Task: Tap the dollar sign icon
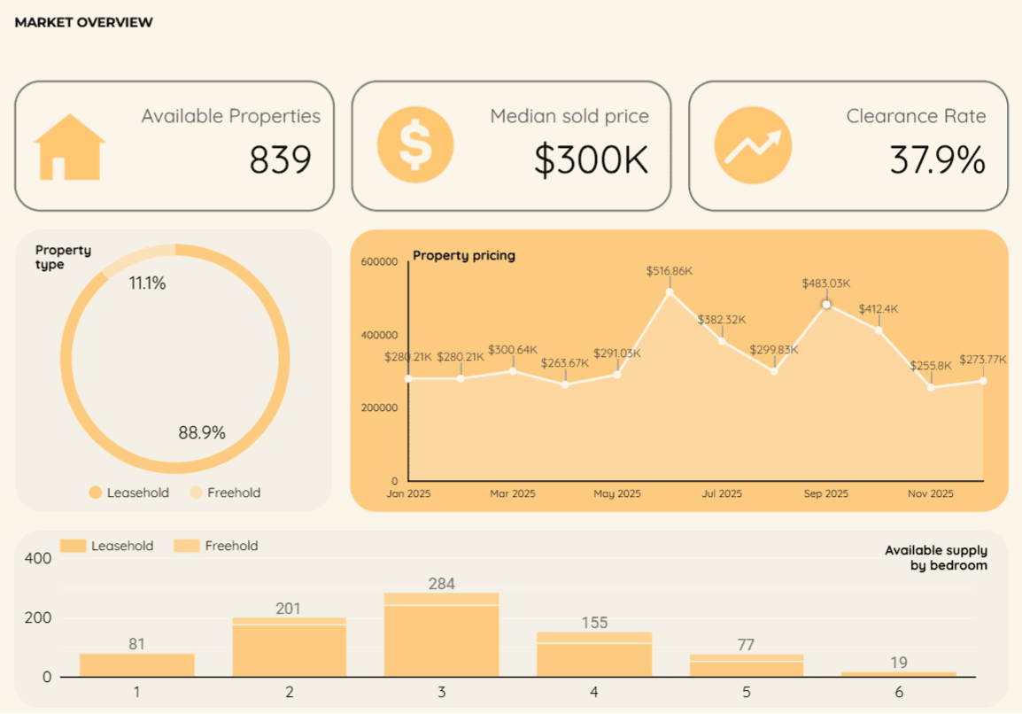pos(414,144)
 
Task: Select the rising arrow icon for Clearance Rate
pos(752,145)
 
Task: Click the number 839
pos(280,159)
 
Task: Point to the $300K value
pos(591,159)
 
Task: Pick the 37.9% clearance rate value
pos(937,159)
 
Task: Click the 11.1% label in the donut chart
pos(147,283)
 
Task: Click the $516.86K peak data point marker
pos(669,291)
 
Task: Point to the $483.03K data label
pos(825,283)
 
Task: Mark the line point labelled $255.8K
pos(931,387)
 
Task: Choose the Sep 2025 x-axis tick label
pos(825,493)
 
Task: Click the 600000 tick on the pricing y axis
pos(380,261)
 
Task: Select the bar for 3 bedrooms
pos(441,635)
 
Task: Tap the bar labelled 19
pos(898,674)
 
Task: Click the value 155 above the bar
pos(594,623)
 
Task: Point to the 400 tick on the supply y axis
pos(39,559)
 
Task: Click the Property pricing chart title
pos(464,256)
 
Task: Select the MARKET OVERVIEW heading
pos(83,22)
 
